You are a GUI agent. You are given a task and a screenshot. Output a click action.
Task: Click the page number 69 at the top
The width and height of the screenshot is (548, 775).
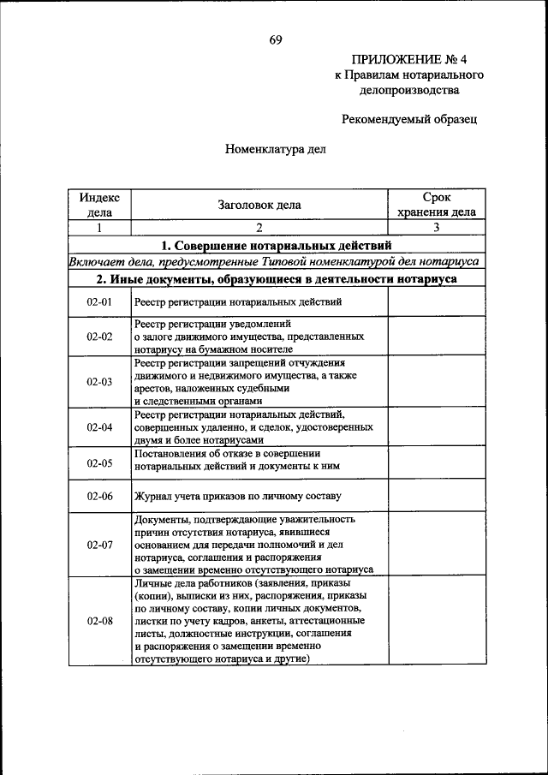point(275,39)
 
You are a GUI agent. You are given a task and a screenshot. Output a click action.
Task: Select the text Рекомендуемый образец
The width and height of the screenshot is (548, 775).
point(409,120)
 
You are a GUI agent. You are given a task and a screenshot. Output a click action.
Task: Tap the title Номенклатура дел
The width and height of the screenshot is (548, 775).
point(276,148)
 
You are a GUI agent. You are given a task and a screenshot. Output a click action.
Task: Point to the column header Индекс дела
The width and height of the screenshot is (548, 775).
point(99,205)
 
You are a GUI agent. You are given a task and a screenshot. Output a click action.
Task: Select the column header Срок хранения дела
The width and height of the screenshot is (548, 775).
point(436,205)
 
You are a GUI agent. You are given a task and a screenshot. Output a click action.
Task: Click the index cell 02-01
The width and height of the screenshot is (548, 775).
point(99,301)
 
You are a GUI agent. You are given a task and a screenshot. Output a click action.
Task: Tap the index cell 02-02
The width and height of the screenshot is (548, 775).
point(99,337)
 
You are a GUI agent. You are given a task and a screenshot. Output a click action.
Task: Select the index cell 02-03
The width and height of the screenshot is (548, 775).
point(99,382)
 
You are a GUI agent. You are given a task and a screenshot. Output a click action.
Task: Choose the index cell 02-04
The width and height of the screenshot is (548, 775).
point(99,426)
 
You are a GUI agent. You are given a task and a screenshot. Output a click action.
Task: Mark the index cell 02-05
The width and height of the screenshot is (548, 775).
point(99,462)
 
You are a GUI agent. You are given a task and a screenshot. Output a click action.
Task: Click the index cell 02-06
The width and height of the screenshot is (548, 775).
point(99,496)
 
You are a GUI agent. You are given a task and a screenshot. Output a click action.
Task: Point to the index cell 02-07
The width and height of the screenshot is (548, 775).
point(99,544)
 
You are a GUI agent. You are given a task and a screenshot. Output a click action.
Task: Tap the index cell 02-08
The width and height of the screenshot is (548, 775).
point(99,620)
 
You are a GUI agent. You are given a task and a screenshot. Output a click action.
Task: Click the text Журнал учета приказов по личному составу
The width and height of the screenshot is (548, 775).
point(237,496)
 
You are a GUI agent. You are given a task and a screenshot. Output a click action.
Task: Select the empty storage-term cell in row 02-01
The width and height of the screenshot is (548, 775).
point(436,301)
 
